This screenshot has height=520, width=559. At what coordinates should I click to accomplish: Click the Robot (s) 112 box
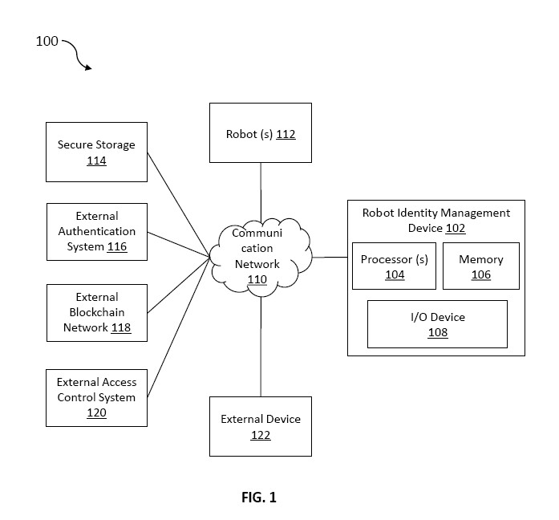[260, 132]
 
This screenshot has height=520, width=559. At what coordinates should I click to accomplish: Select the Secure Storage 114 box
[96, 152]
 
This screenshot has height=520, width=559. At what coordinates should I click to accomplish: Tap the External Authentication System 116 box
[97, 232]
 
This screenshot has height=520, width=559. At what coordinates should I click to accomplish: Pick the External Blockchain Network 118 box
[97, 313]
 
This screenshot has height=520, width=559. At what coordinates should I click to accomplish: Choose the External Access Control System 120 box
[96, 398]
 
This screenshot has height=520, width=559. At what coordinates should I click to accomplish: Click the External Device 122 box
[260, 426]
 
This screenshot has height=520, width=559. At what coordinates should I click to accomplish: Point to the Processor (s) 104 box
[394, 266]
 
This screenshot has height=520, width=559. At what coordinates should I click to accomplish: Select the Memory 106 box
[481, 266]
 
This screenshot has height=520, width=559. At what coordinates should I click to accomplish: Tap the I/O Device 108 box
[437, 324]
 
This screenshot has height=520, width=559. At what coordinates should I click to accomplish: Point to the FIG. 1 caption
[259, 497]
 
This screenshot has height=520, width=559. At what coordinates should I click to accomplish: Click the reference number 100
[47, 41]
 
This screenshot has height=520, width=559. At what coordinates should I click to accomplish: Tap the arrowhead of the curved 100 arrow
[87, 67]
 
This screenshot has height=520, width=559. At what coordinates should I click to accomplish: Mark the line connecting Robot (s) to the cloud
[261, 193]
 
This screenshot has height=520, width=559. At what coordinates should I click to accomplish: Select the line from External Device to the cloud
[261, 347]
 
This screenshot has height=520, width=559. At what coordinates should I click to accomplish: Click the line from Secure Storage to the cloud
[178, 205]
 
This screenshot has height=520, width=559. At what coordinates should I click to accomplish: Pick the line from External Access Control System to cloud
[178, 327]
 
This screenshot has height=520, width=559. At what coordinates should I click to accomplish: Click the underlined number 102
[456, 228]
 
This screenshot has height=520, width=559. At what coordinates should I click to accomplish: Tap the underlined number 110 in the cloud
[257, 279]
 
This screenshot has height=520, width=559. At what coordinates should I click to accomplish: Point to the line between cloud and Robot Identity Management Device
[330, 257]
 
